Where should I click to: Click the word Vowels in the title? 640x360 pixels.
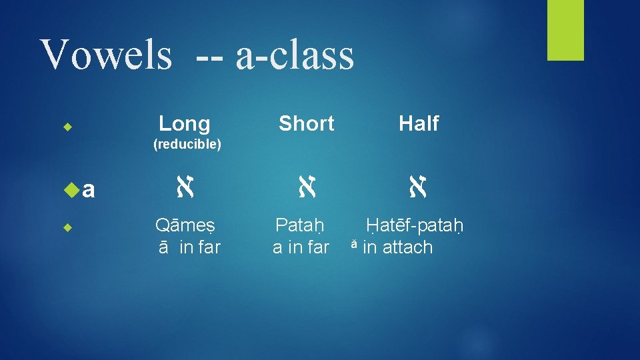[106, 55]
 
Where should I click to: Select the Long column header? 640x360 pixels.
[185, 123]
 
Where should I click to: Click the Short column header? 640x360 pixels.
[306, 123]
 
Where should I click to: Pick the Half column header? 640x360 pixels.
[419, 123]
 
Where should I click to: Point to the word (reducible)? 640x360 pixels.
[187, 145]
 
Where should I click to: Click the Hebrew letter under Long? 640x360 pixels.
[185, 191]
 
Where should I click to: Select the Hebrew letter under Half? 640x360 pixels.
[419, 191]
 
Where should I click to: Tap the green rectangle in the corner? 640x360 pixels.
[565, 30]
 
